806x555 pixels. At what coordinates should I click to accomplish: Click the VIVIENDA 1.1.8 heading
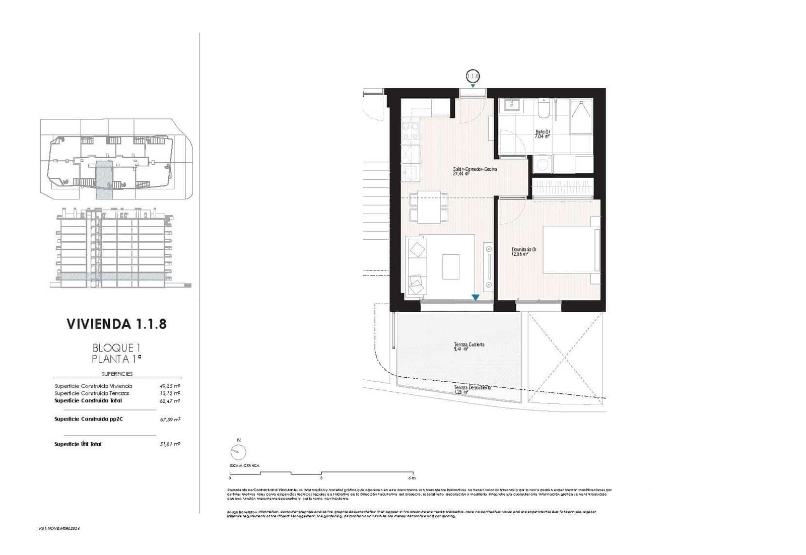point(116,324)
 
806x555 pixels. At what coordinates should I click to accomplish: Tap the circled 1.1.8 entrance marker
point(473,76)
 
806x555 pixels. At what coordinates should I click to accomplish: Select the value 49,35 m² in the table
point(170,386)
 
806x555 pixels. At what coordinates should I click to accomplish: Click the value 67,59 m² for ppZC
point(170,419)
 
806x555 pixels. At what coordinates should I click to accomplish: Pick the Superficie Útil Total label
point(78,444)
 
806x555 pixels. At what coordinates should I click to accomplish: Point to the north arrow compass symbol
point(238,452)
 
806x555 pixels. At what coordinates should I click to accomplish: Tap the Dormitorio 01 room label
point(523,251)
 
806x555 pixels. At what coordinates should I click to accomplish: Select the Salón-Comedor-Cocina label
point(475,171)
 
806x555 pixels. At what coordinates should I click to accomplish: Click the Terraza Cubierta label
point(468,346)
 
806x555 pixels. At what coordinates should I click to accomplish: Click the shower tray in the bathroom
point(581,116)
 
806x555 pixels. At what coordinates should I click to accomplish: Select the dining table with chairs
point(429,207)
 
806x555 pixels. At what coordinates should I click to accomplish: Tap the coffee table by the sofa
point(451,266)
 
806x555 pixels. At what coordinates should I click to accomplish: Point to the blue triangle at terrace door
point(475,298)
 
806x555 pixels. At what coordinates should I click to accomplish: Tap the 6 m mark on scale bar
point(412,478)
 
